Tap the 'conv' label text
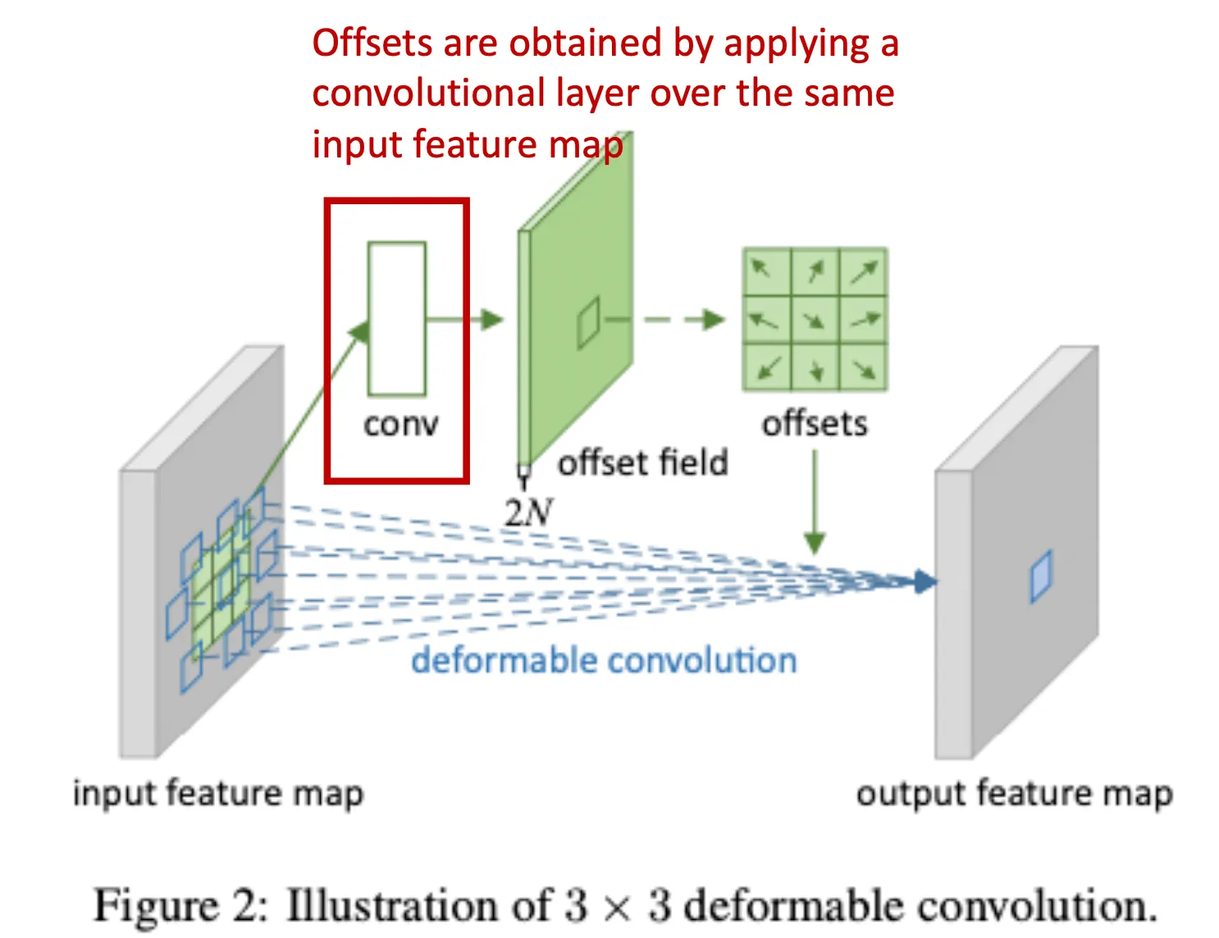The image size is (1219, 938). coord(400,425)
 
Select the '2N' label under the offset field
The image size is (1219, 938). coord(528,512)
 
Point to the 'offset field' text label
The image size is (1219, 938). coord(642,463)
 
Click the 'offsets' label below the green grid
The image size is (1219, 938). coord(815,424)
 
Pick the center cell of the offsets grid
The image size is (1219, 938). coord(815,320)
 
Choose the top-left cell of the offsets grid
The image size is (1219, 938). coord(766,271)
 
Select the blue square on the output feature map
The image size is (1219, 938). coord(1040,576)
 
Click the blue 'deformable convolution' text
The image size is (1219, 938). coord(604,660)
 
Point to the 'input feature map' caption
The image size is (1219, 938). coord(217,794)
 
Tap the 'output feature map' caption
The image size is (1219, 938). coord(1014,794)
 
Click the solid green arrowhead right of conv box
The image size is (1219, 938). coord(491,320)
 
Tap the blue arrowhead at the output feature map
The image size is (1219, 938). coord(925,581)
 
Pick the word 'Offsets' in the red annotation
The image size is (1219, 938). coord(363,43)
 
